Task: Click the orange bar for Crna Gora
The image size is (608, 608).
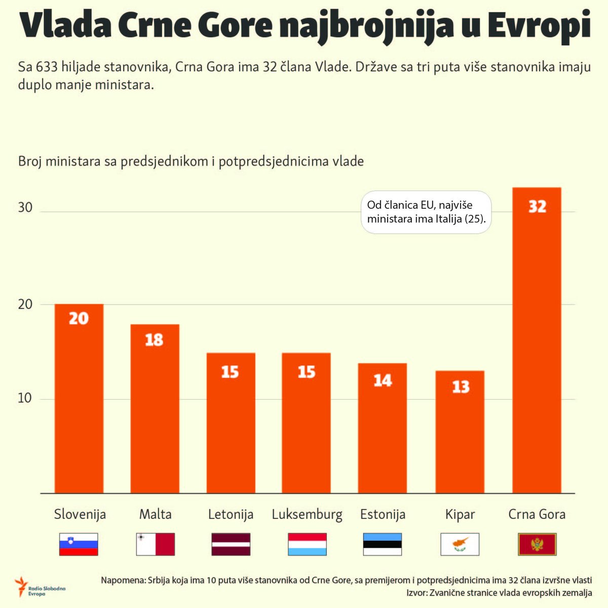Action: [537, 340]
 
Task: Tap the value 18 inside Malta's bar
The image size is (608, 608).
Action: [154, 339]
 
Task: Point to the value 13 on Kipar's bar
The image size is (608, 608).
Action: [461, 387]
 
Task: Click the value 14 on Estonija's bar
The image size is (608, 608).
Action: [383, 380]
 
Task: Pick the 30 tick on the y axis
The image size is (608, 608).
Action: [25, 208]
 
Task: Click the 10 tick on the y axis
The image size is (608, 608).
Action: [25, 398]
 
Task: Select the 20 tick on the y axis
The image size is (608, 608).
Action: [25, 305]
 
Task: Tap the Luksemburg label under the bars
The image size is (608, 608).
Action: [307, 515]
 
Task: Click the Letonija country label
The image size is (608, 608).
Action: [231, 515]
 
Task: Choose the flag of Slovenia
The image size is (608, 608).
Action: [79, 545]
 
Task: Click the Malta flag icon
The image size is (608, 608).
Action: [155, 545]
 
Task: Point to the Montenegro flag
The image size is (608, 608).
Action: [537, 545]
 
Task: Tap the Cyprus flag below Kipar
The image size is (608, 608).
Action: [460, 545]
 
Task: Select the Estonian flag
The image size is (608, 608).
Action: [383, 545]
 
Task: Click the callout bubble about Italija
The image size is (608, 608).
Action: [426, 212]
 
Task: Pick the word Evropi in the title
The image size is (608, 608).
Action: [539, 26]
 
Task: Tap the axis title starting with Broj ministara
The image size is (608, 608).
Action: [191, 162]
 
